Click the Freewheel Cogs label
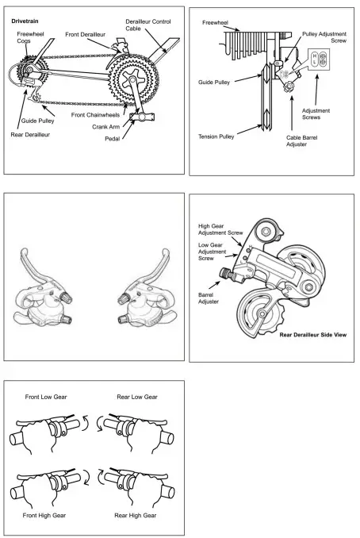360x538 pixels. point(31,38)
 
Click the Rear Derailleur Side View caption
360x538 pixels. point(312,335)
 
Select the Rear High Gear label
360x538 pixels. point(136,514)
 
